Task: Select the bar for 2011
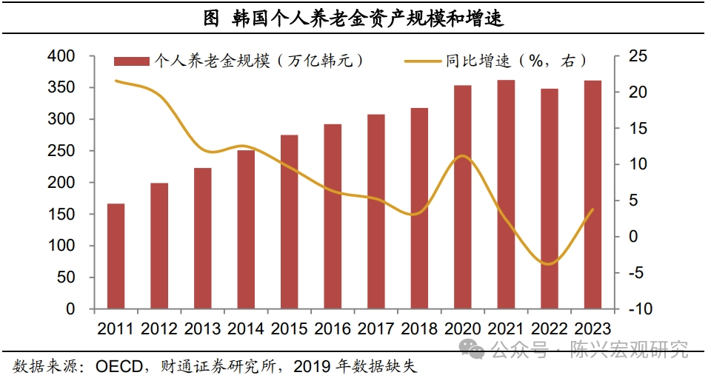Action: pos(116,256)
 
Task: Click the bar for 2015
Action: pos(289,221)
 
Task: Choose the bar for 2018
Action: pos(419,208)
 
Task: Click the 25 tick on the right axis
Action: pos(638,56)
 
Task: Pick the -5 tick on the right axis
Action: pos(638,273)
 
